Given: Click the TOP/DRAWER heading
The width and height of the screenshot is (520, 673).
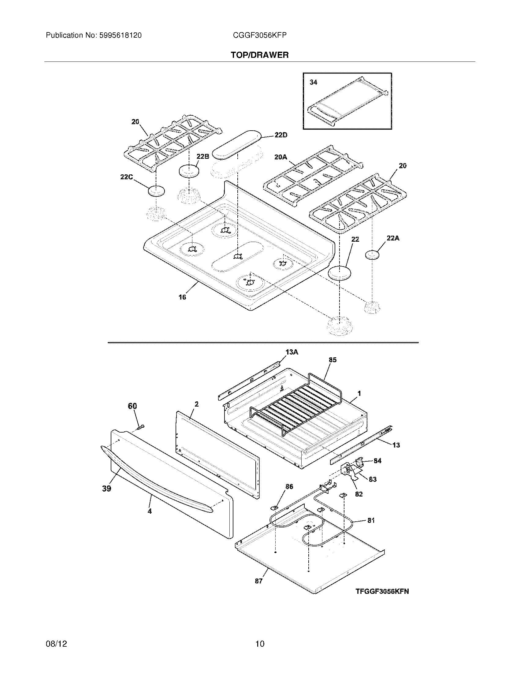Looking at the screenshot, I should click(259, 55).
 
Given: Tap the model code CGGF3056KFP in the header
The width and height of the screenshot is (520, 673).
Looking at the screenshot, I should click(260, 35).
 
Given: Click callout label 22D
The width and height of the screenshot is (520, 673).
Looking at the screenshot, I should click(280, 135).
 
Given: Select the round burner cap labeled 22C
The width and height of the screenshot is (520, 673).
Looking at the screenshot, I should click(156, 191).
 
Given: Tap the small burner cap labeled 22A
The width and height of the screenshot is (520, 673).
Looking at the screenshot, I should click(372, 255).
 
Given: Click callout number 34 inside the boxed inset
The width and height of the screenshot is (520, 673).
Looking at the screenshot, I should click(313, 82).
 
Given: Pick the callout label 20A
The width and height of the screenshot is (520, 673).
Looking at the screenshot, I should click(280, 157).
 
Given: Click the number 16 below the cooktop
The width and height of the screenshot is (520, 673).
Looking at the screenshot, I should click(182, 297).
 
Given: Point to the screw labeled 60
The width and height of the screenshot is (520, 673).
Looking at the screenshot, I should click(141, 427).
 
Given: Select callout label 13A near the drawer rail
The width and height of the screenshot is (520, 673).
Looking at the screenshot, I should click(292, 352).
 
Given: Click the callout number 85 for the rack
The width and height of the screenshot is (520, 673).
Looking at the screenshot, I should click(332, 360).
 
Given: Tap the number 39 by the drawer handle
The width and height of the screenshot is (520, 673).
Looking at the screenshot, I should click(106, 489).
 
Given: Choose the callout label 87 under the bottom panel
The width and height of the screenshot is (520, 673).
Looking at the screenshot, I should click(258, 581).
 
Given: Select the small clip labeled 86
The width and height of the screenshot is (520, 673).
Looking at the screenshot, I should click(273, 507).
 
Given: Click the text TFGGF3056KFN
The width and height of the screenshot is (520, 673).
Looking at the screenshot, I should click(382, 591).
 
